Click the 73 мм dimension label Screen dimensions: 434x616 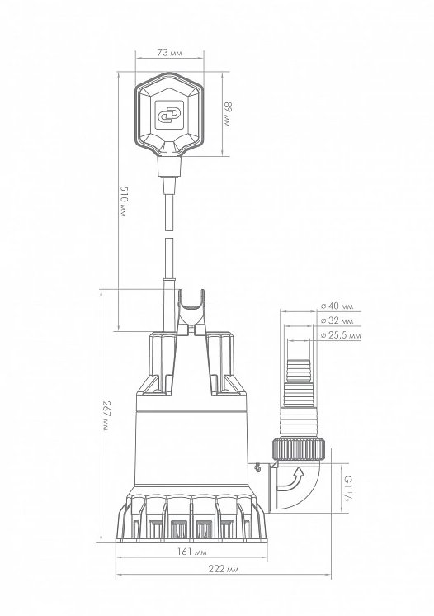pyautogui.click(x=169, y=52)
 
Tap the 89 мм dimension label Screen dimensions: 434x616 pyautogui.click(x=227, y=114)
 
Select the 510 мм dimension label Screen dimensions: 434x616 pyautogui.click(x=124, y=202)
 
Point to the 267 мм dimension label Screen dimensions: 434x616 pyautogui.click(x=106, y=415)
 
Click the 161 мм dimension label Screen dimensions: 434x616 pyautogui.click(x=191, y=552)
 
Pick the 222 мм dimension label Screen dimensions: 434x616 pyautogui.click(x=224, y=569)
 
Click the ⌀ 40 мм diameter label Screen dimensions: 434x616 pyautogui.click(x=337, y=306)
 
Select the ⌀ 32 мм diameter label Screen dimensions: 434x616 pyautogui.click(x=337, y=320)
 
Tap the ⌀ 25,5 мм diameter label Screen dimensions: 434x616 pyautogui.click(x=340, y=335)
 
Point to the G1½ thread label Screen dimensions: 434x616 pyautogui.click(x=347, y=487)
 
